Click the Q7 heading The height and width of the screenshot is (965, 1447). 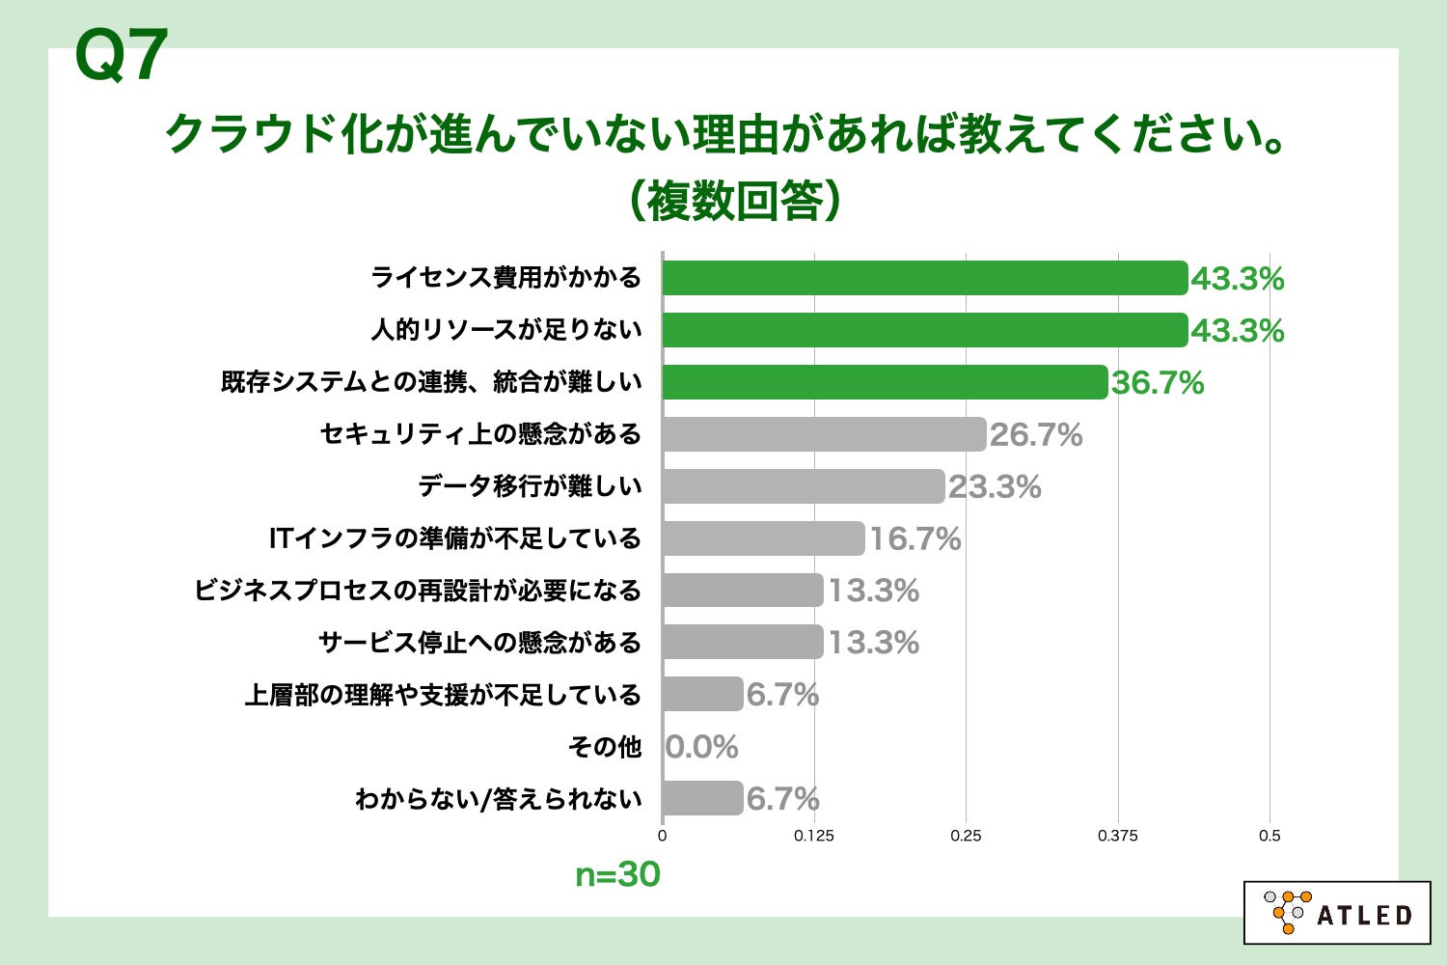122,57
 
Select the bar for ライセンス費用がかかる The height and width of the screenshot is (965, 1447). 924,278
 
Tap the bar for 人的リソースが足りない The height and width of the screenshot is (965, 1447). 924,330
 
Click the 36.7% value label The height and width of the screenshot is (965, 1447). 1158,383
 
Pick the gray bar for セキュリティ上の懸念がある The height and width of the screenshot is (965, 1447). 824,434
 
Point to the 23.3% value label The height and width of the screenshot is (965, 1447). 995,487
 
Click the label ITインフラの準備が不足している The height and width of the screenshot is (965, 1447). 454,538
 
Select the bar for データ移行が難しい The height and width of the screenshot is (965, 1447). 803,486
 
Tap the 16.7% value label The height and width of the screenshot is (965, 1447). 915,539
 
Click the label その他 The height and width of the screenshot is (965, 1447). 605,746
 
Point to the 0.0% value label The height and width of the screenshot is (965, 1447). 702,747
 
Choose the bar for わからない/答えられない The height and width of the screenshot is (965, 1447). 702,798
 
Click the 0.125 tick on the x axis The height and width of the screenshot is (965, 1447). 814,836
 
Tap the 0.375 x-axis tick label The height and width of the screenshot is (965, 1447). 1117,836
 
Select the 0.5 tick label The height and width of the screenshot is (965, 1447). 1270,836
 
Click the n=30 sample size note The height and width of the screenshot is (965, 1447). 617,875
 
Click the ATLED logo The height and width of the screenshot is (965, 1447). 1337,912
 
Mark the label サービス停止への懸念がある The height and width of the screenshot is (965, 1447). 479,643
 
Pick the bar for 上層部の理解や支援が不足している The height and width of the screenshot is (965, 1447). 702,694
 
